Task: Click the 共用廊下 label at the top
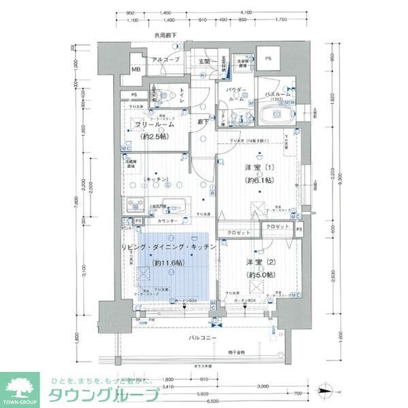[x=165, y=35]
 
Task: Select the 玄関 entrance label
[x=205, y=61]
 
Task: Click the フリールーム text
[x=154, y=125]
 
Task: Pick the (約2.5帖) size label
[x=154, y=137]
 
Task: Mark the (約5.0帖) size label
[x=260, y=274]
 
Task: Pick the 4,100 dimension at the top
[x=246, y=12]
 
